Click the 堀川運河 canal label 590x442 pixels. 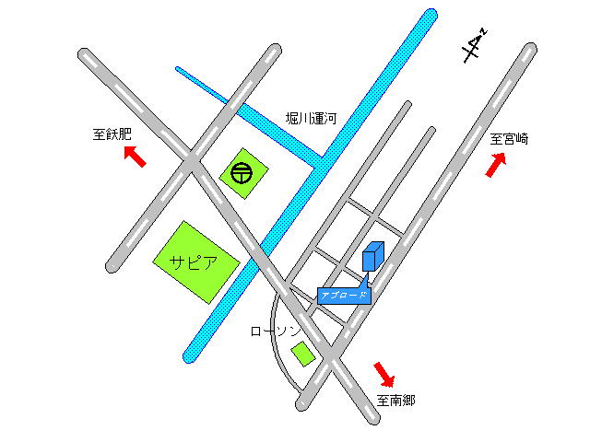[312, 119]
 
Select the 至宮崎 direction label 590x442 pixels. [509, 139]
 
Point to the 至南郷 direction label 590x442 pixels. [395, 400]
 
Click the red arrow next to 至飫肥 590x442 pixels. [135, 157]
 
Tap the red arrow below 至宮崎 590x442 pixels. [496, 165]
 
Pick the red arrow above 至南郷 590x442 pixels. [384, 374]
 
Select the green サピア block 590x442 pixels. [196, 262]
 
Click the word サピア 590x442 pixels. [194, 261]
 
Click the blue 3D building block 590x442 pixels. [372, 256]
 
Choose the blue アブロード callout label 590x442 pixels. [344, 296]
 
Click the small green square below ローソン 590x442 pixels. [302, 353]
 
